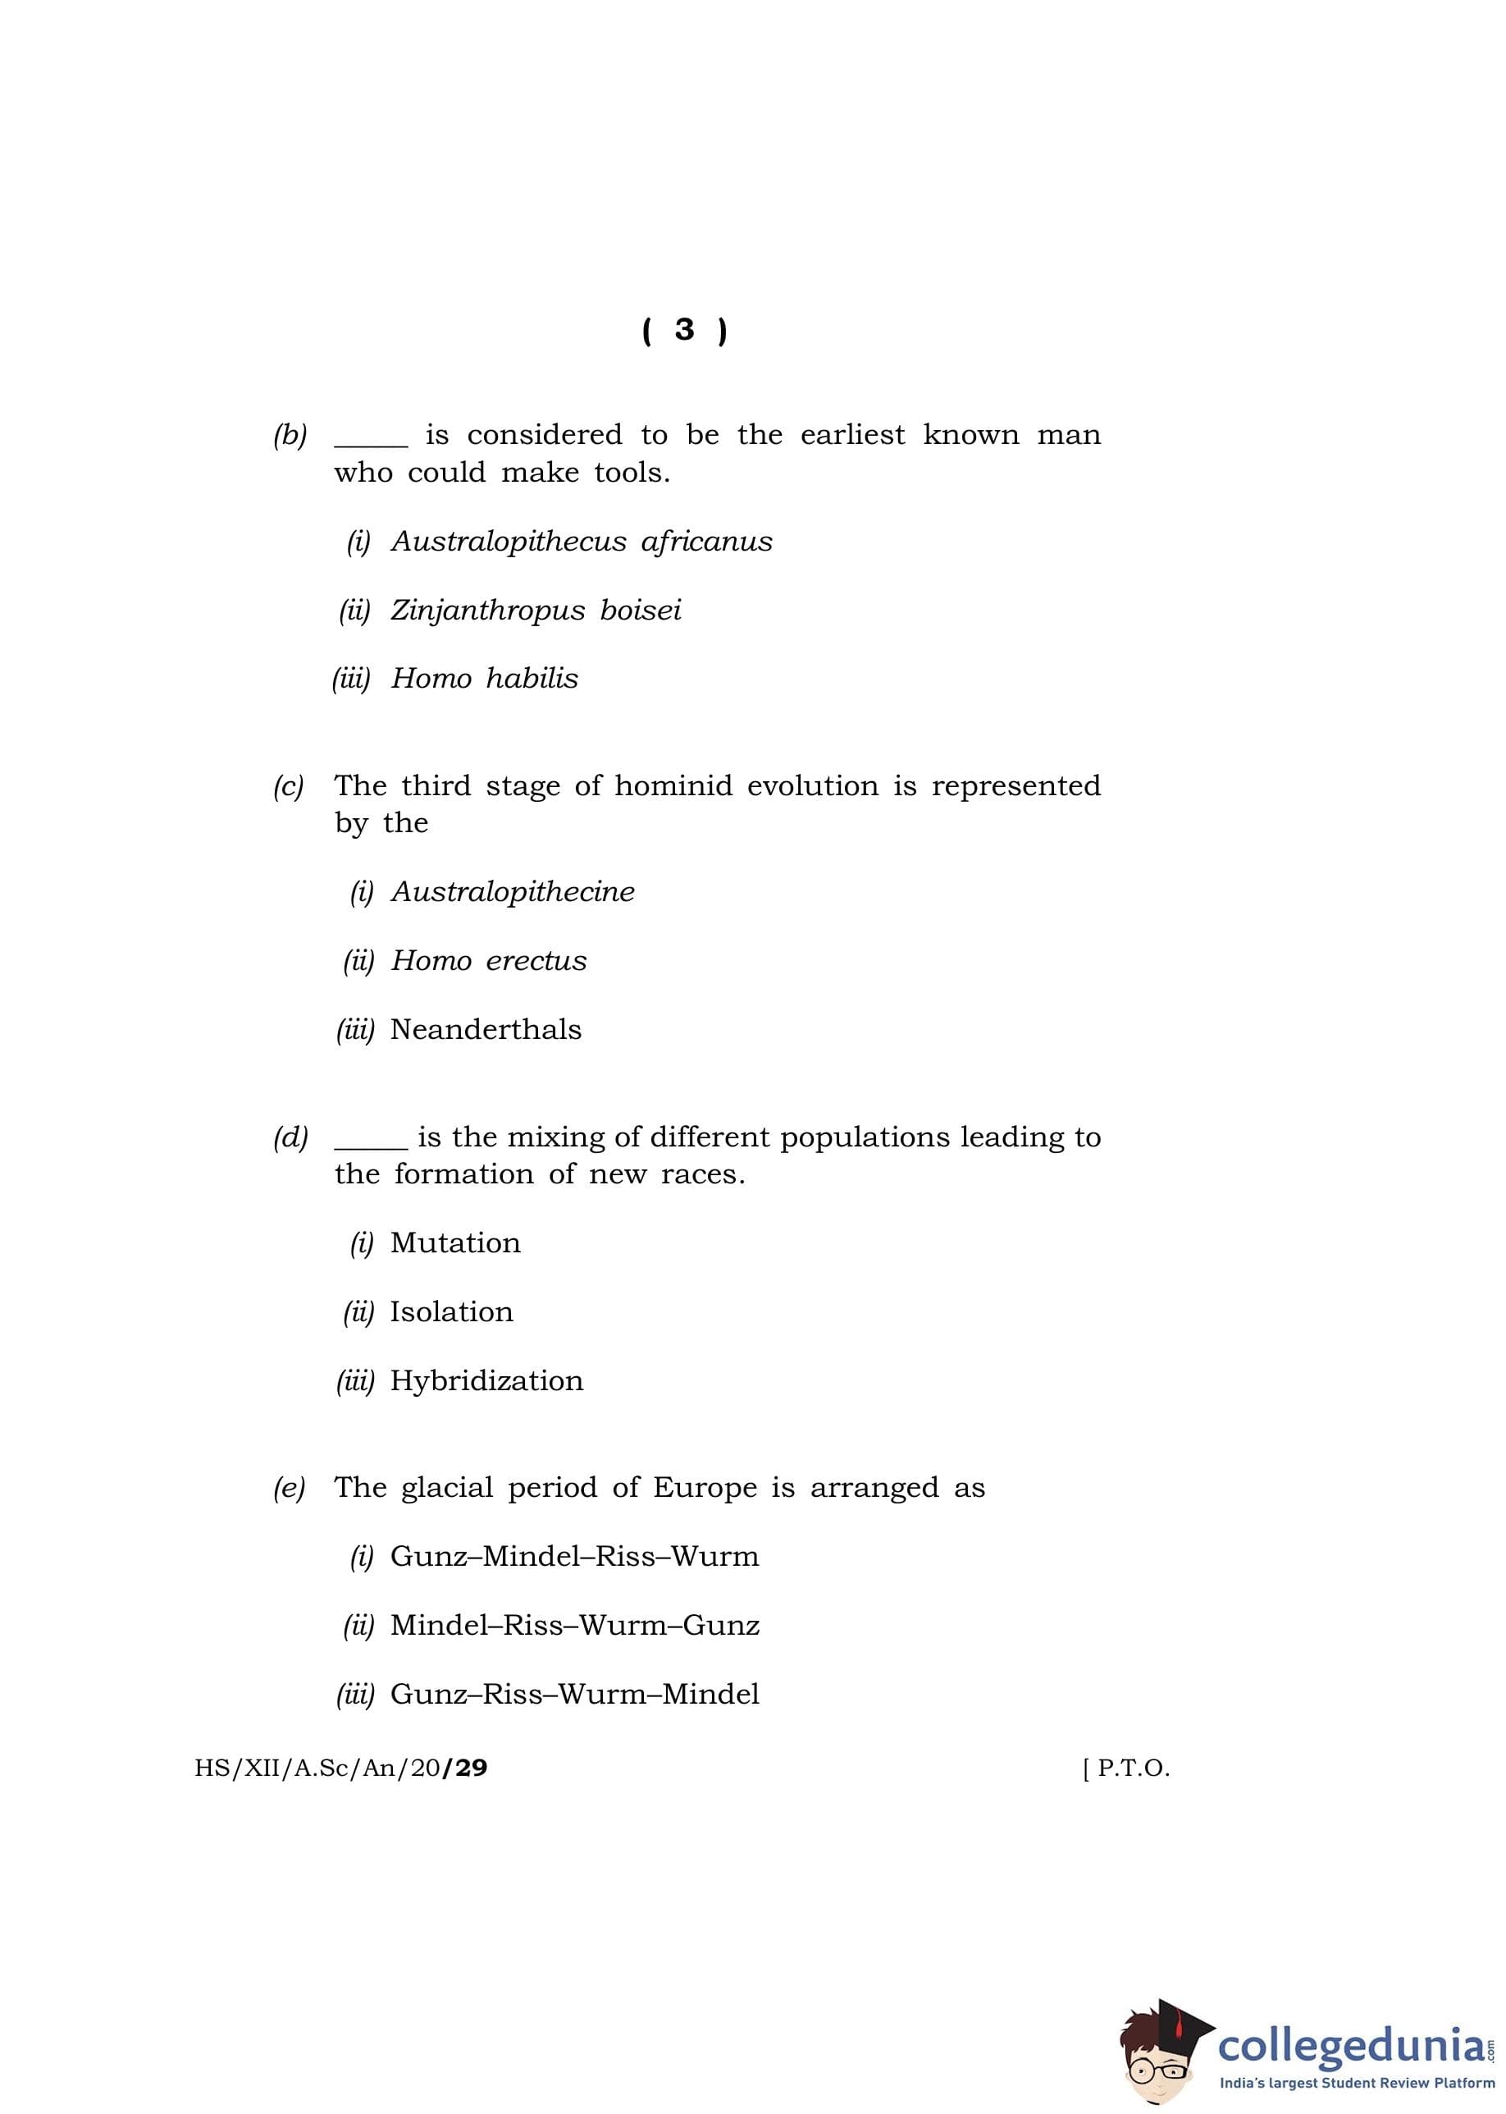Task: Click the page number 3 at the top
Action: [x=684, y=330]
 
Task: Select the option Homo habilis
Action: [x=484, y=679]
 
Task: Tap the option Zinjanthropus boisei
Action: [x=535, y=611]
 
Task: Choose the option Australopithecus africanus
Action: [x=582, y=542]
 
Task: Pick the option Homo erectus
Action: [x=489, y=961]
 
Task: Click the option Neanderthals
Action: [x=486, y=1030]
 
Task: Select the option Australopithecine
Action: [x=513, y=892]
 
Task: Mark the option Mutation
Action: [x=455, y=1243]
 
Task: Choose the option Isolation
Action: [x=452, y=1311]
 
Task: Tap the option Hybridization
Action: [x=487, y=1380]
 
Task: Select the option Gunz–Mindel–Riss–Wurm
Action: [x=575, y=1557]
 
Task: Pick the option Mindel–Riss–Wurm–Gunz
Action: [x=575, y=1625]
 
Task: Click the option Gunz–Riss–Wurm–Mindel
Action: [x=575, y=1694]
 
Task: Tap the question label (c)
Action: [x=289, y=787]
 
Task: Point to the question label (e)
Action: [x=289, y=1488]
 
